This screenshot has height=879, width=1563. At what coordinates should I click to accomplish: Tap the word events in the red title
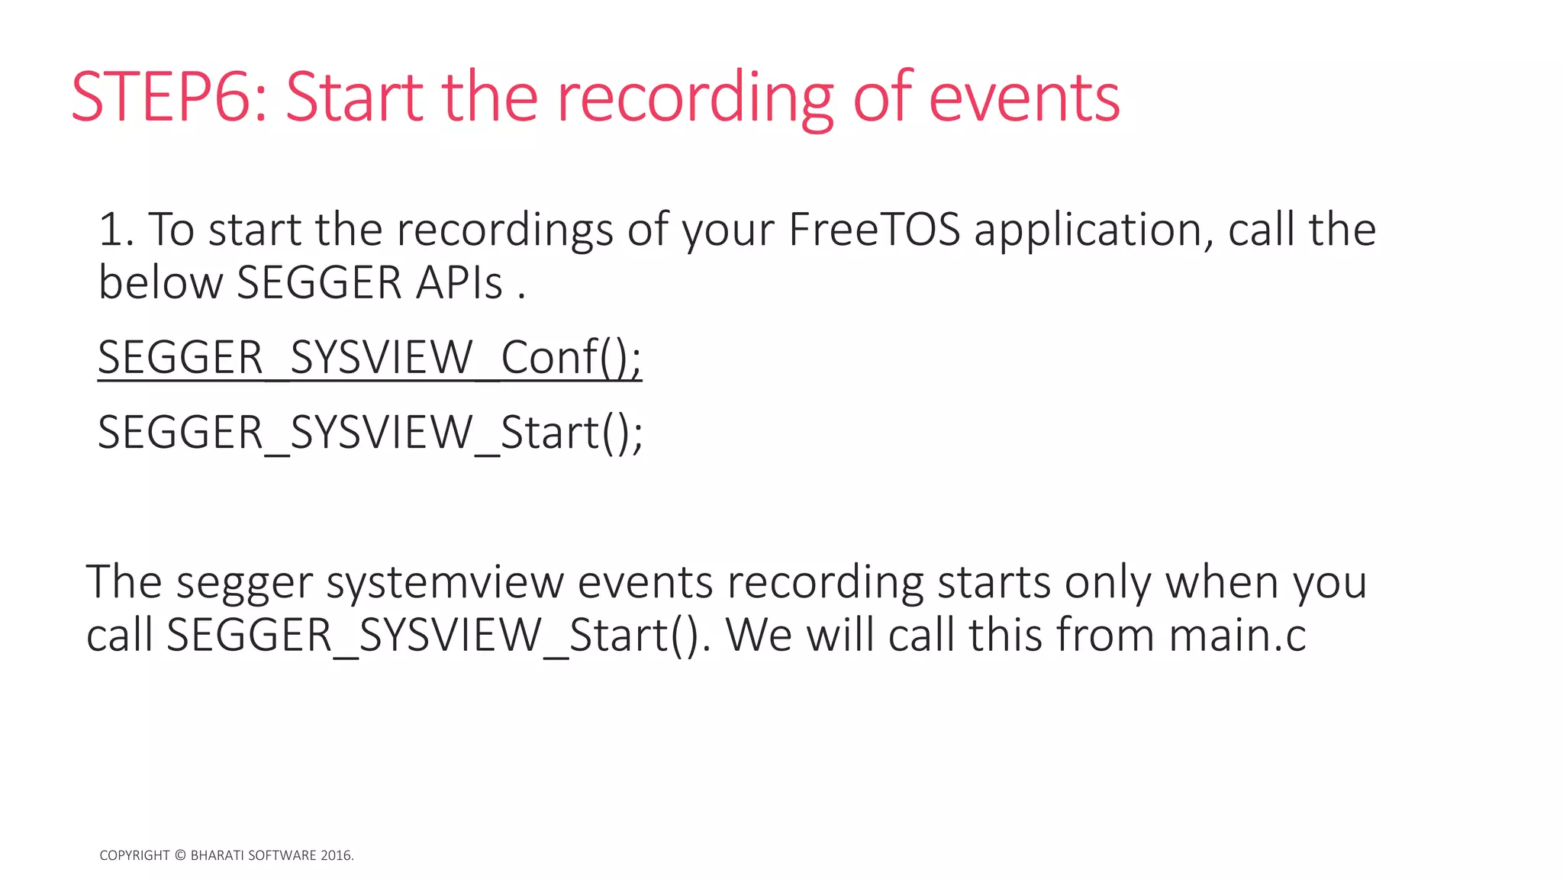(1023, 98)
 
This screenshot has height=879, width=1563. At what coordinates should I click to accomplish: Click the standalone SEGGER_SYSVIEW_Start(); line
(369, 433)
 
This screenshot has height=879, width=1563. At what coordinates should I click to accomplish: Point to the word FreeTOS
(874, 230)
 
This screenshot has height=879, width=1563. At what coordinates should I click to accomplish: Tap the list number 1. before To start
(116, 230)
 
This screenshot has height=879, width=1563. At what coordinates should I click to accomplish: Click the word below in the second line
(160, 283)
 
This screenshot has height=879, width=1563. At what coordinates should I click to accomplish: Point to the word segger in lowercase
(244, 584)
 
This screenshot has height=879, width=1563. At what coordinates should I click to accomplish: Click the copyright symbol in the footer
(180, 855)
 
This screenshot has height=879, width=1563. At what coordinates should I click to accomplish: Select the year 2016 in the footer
(335, 855)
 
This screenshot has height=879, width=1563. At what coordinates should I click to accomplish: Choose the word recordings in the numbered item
(504, 230)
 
